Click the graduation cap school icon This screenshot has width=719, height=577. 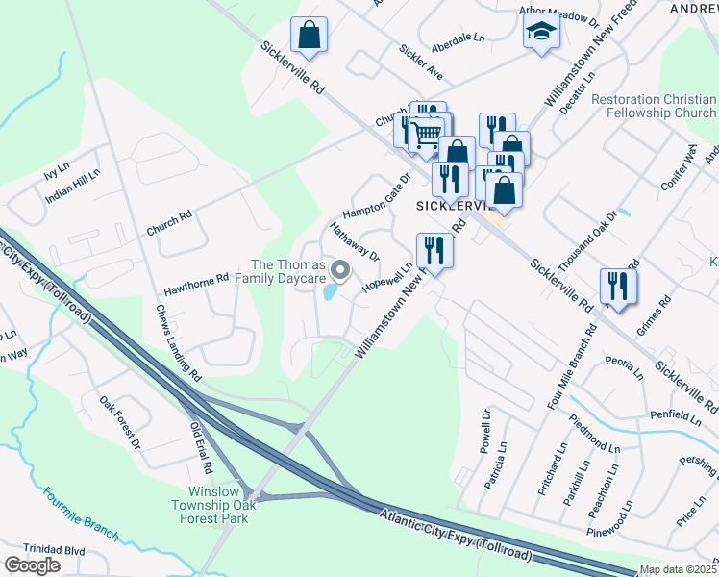[541, 34]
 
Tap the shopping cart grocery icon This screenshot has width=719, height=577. [426, 133]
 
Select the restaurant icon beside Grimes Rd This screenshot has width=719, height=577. [618, 286]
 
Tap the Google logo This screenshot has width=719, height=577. [33, 564]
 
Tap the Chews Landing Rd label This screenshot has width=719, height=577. [179, 342]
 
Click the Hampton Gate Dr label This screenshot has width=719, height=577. [376, 196]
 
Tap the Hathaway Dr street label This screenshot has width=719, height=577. [355, 241]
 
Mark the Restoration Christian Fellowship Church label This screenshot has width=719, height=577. [653, 107]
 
